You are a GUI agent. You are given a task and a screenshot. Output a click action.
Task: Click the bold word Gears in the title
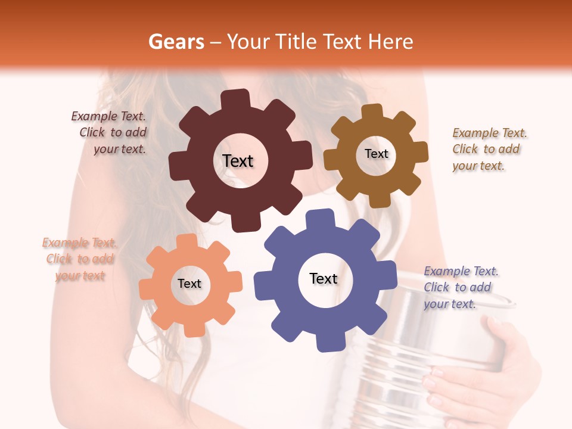point(176,42)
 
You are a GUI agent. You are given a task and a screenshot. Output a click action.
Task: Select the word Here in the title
point(391,42)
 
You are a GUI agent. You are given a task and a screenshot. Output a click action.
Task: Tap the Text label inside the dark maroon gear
point(238,161)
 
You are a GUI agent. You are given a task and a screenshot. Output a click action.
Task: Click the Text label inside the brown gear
point(376,154)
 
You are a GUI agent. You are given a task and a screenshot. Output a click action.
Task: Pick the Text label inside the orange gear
point(189,284)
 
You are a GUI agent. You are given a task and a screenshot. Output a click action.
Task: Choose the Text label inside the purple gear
point(324,279)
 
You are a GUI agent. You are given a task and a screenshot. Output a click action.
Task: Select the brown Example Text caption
point(489,149)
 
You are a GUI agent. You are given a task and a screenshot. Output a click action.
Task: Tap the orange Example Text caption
point(80,259)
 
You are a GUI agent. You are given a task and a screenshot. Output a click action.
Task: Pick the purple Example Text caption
point(460,287)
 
